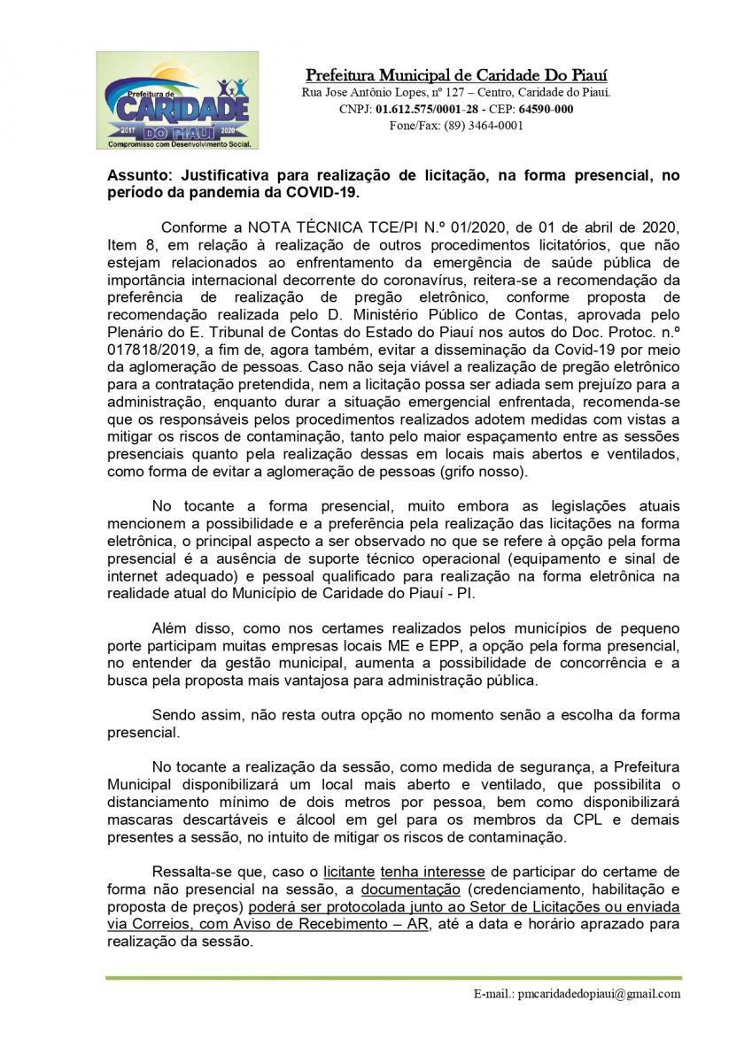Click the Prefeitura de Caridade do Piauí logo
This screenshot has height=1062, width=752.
177,100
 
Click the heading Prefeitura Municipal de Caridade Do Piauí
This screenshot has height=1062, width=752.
456,74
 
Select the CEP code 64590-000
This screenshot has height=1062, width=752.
545,109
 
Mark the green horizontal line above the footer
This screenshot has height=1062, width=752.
393,978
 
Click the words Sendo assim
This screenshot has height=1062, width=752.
190,715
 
